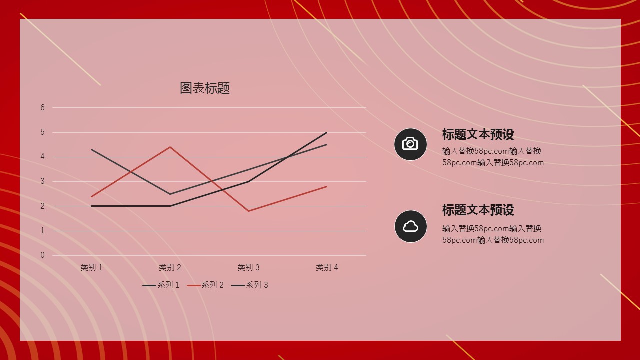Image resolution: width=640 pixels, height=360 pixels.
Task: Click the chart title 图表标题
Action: click(x=205, y=88)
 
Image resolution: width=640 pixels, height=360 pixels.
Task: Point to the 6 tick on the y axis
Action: click(x=42, y=107)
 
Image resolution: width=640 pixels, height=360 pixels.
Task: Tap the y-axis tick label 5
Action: click(x=42, y=132)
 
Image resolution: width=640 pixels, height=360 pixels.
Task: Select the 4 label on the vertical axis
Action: click(x=42, y=157)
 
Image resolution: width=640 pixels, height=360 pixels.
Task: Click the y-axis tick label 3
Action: click(x=42, y=181)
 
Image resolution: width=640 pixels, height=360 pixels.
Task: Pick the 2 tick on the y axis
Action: click(x=42, y=206)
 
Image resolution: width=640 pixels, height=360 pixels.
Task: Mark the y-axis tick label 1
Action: click(x=42, y=230)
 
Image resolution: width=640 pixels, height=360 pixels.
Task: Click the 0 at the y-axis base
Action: click(x=42, y=255)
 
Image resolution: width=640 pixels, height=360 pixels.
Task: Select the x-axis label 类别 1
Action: click(x=91, y=267)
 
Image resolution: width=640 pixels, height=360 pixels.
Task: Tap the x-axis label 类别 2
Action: click(x=170, y=267)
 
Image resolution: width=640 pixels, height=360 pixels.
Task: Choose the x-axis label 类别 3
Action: click(x=248, y=267)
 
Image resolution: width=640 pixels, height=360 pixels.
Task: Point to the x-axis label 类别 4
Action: click(x=327, y=267)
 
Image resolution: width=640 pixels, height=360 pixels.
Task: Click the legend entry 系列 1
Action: click(x=161, y=285)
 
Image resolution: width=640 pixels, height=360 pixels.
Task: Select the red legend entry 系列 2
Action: click(x=205, y=285)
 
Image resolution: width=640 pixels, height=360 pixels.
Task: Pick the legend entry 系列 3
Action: click(x=249, y=285)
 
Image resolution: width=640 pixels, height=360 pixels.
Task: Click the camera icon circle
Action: click(x=410, y=144)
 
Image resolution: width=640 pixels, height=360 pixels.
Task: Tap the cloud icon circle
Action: click(x=410, y=226)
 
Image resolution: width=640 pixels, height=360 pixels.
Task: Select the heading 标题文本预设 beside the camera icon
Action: click(x=478, y=135)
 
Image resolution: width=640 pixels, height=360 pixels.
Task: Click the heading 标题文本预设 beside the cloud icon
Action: click(x=478, y=210)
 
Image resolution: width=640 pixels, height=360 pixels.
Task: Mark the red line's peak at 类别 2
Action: click(x=170, y=147)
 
